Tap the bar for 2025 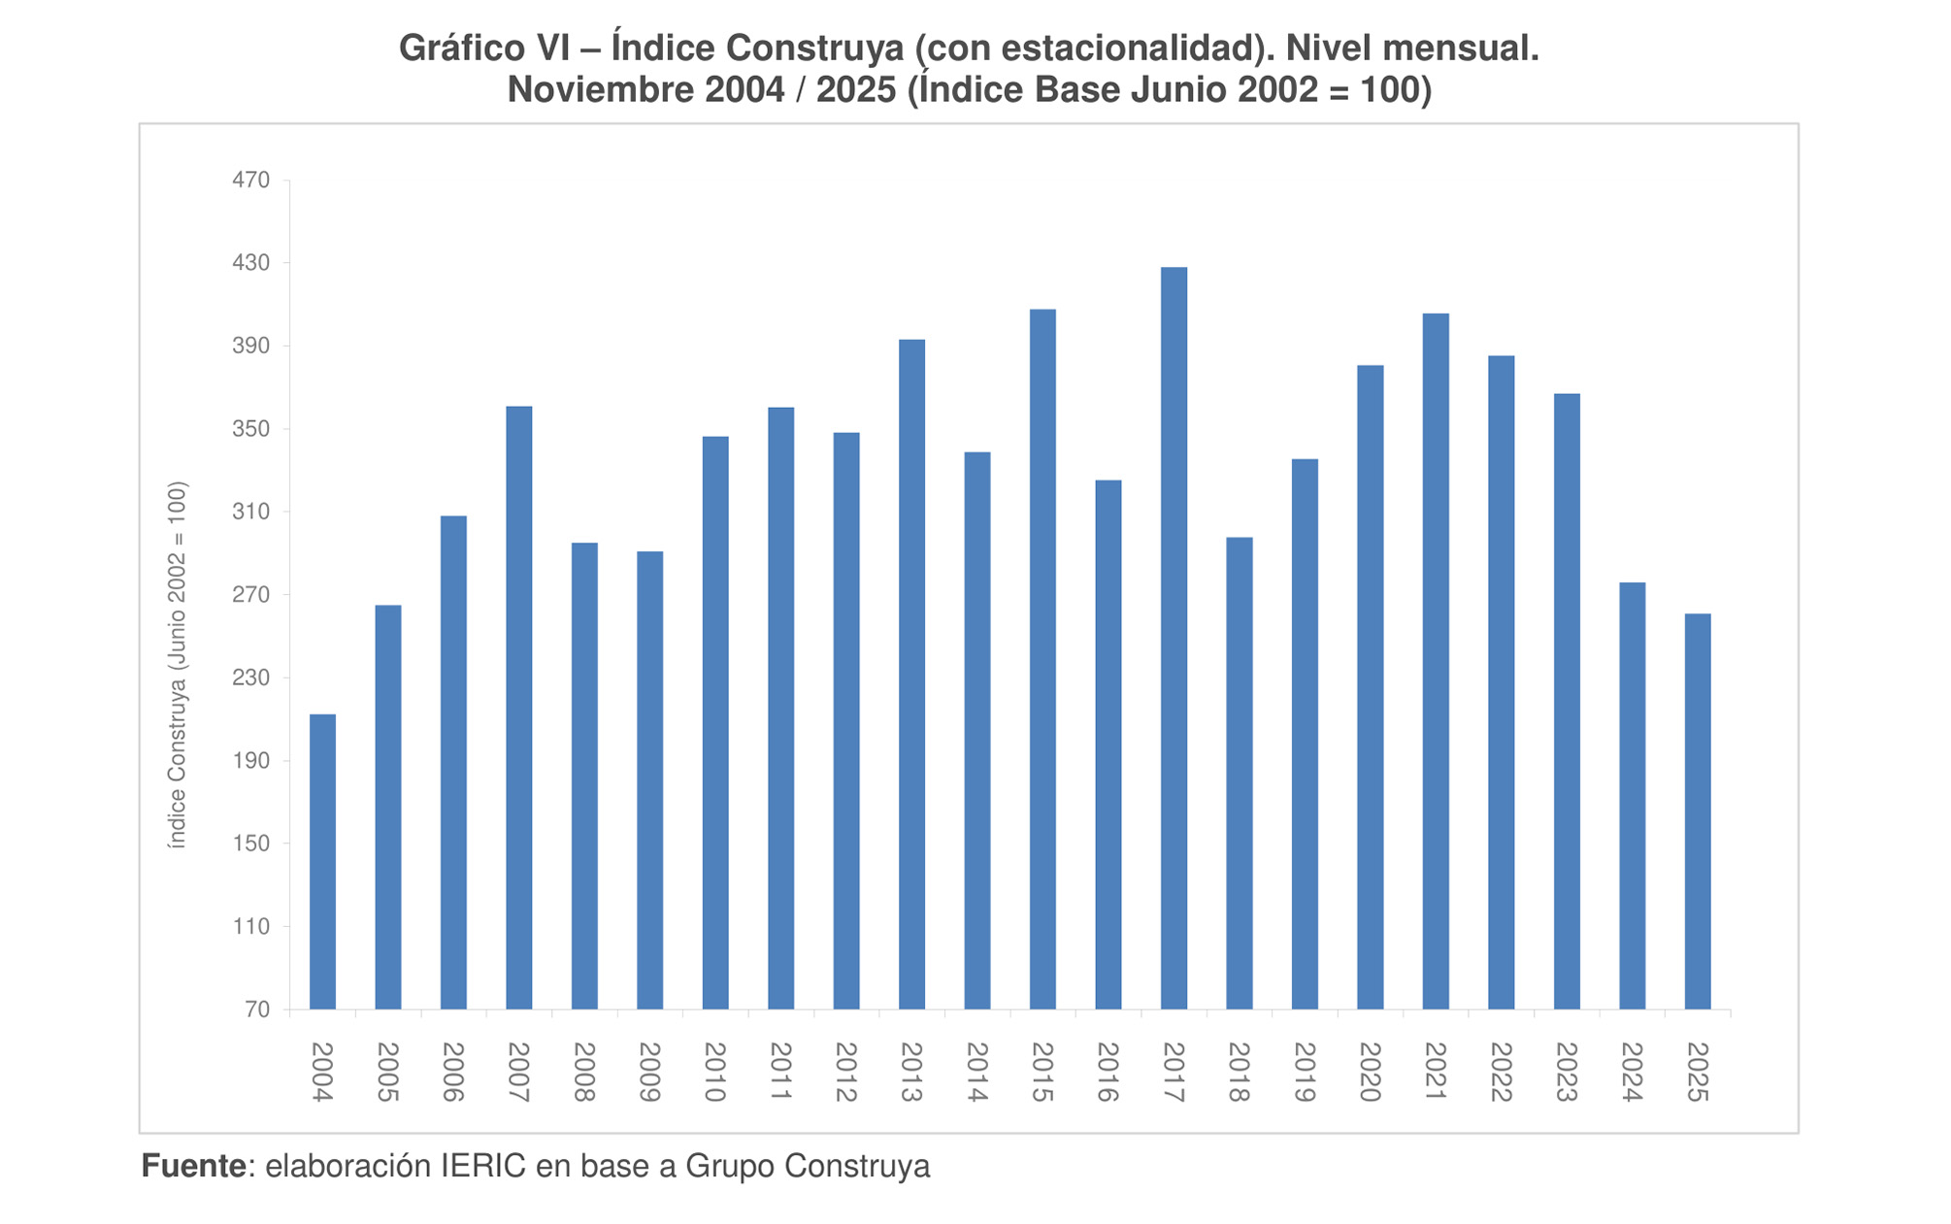pyautogui.click(x=1698, y=811)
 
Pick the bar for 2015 pyautogui.click(x=1042, y=659)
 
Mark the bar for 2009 pyautogui.click(x=649, y=780)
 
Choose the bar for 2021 pyautogui.click(x=1436, y=661)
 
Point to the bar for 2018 pyautogui.click(x=1239, y=774)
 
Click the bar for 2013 pyautogui.click(x=911, y=675)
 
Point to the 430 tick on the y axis pyautogui.click(x=250, y=263)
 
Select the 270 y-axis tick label pyautogui.click(x=250, y=595)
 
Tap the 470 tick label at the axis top pyautogui.click(x=250, y=181)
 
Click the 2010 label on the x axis pyautogui.click(x=715, y=1072)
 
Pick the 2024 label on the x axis pyautogui.click(x=1632, y=1072)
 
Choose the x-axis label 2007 pyautogui.click(x=518, y=1072)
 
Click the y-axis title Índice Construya pyautogui.click(x=177, y=665)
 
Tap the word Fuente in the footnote pyautogui.click(x=193, y=1166)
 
